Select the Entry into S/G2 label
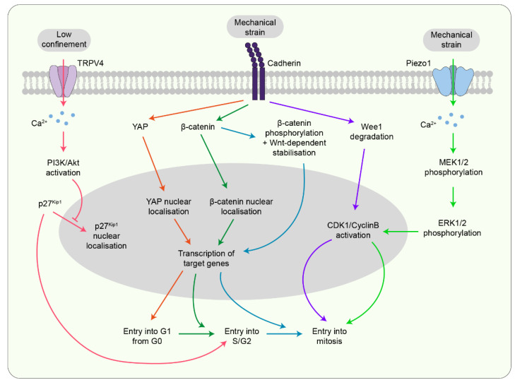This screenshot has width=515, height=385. (242, 336)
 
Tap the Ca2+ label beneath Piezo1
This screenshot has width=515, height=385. (426, 126)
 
